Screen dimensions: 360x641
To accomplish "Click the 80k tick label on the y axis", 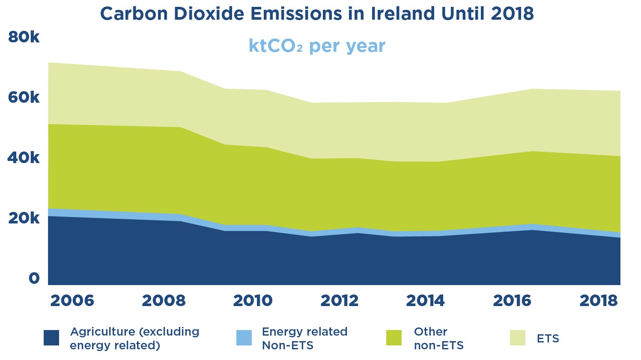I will coord(24,37).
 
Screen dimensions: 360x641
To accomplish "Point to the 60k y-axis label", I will coord(24,98).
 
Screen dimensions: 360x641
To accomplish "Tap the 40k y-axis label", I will coord(24,158).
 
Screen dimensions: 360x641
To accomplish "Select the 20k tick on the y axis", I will coord(24,218).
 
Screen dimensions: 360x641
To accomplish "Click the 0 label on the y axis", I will coord(34,278).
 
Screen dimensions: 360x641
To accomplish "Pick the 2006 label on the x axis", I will coord(72,300).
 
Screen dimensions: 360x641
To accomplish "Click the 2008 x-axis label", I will coord(164,300).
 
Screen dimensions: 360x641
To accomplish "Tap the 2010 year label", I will coord(253,300).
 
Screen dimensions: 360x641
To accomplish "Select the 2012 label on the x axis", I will coord(340,300).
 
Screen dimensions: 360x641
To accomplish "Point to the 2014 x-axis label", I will coord(425,300).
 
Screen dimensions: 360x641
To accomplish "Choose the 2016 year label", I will coord(512,300).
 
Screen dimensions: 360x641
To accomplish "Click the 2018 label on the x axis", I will coord(599,300).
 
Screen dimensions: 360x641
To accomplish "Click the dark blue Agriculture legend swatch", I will coord(51,338).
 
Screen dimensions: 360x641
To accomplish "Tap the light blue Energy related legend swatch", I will coord(244,338).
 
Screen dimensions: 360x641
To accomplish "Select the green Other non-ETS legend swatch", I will coord(394,338).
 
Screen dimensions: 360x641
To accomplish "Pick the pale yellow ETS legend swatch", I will coord(518,338).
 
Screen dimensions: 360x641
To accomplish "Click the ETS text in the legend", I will coord(548,339).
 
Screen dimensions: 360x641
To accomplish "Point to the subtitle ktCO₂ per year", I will coord(317,46).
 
